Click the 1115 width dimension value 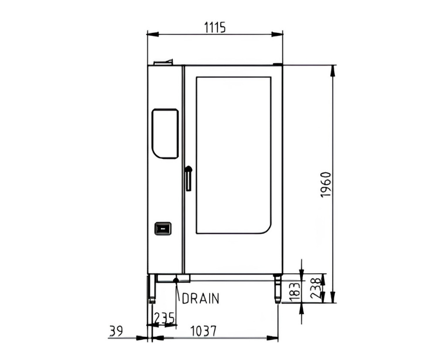tap(214, 27)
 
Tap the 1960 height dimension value tap(326, 185)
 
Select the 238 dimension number tap(317, 289)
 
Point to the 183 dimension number tap(296, 292)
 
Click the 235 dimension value tap(165, 318)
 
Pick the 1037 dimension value tap(203, 331)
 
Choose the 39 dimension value tap(116, 331)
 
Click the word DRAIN tap(201, 298)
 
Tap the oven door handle tap(189, 178)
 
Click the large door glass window tap(233, 155)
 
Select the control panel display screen tap(165, 134)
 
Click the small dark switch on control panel tap(163, 229)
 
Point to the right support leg tap(278, 289)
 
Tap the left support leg tap(151, 289)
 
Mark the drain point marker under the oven tap(176, 280)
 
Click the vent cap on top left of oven tap(164, 62)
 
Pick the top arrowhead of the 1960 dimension tap(333, 71)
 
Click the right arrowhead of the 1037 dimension tap(272, 338)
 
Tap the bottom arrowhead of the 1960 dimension tap(333, 297)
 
